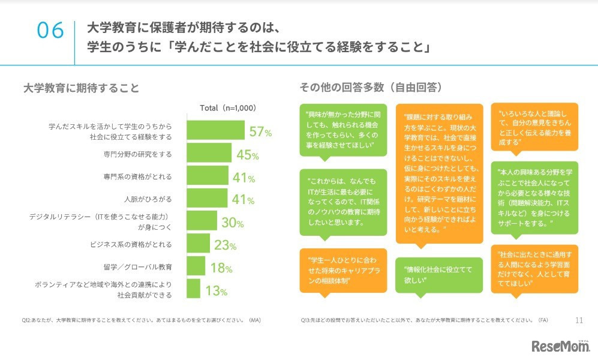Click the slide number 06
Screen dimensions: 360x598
point(50,31)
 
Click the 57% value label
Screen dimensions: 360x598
point(261,132)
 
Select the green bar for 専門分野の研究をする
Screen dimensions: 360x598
point(209,154)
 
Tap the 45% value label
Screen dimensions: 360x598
point(247,155)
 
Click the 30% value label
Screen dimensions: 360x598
point(232,223)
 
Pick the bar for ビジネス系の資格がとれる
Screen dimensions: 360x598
point(199,244)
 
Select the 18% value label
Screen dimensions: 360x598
point(220,268)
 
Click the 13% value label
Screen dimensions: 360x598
point(215,291)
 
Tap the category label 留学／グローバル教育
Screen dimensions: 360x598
point(137,266)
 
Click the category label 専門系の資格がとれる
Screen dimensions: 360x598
point(137,176)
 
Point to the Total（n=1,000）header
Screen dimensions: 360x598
point(227,109)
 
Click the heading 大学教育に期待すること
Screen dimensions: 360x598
point(81,88)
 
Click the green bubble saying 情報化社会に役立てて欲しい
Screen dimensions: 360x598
point(438,275)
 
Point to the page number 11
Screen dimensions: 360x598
point(579,320)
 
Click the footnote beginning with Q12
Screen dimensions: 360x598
point(141,320)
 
